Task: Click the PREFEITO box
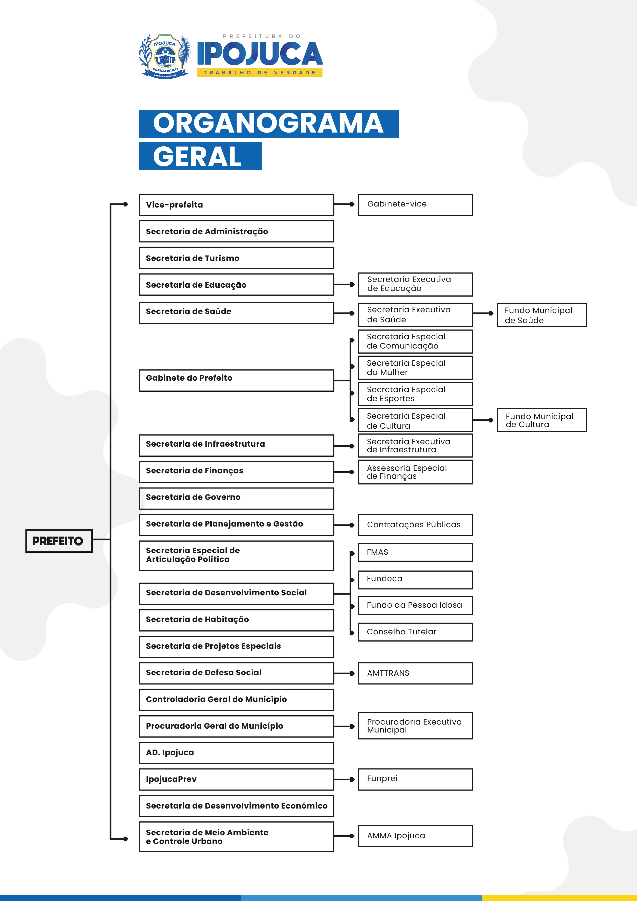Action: coord(59,541)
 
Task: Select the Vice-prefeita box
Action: coord(236,204)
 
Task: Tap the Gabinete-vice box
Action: coord(415,204)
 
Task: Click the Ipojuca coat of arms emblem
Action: coord(165,56)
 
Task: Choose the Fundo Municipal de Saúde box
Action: coord(542,315)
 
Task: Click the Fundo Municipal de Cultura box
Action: coord(542,420)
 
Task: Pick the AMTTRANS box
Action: coord(415,673)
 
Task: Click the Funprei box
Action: coord(415,779)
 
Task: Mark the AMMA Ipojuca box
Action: coord(415,836)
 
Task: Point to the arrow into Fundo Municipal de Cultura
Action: coord(484,420)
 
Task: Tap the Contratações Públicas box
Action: coord(415,525)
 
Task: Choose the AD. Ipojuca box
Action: coord(236,753)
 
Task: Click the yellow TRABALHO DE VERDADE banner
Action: coord(259,73)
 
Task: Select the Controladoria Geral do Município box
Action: coord(236,699)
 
